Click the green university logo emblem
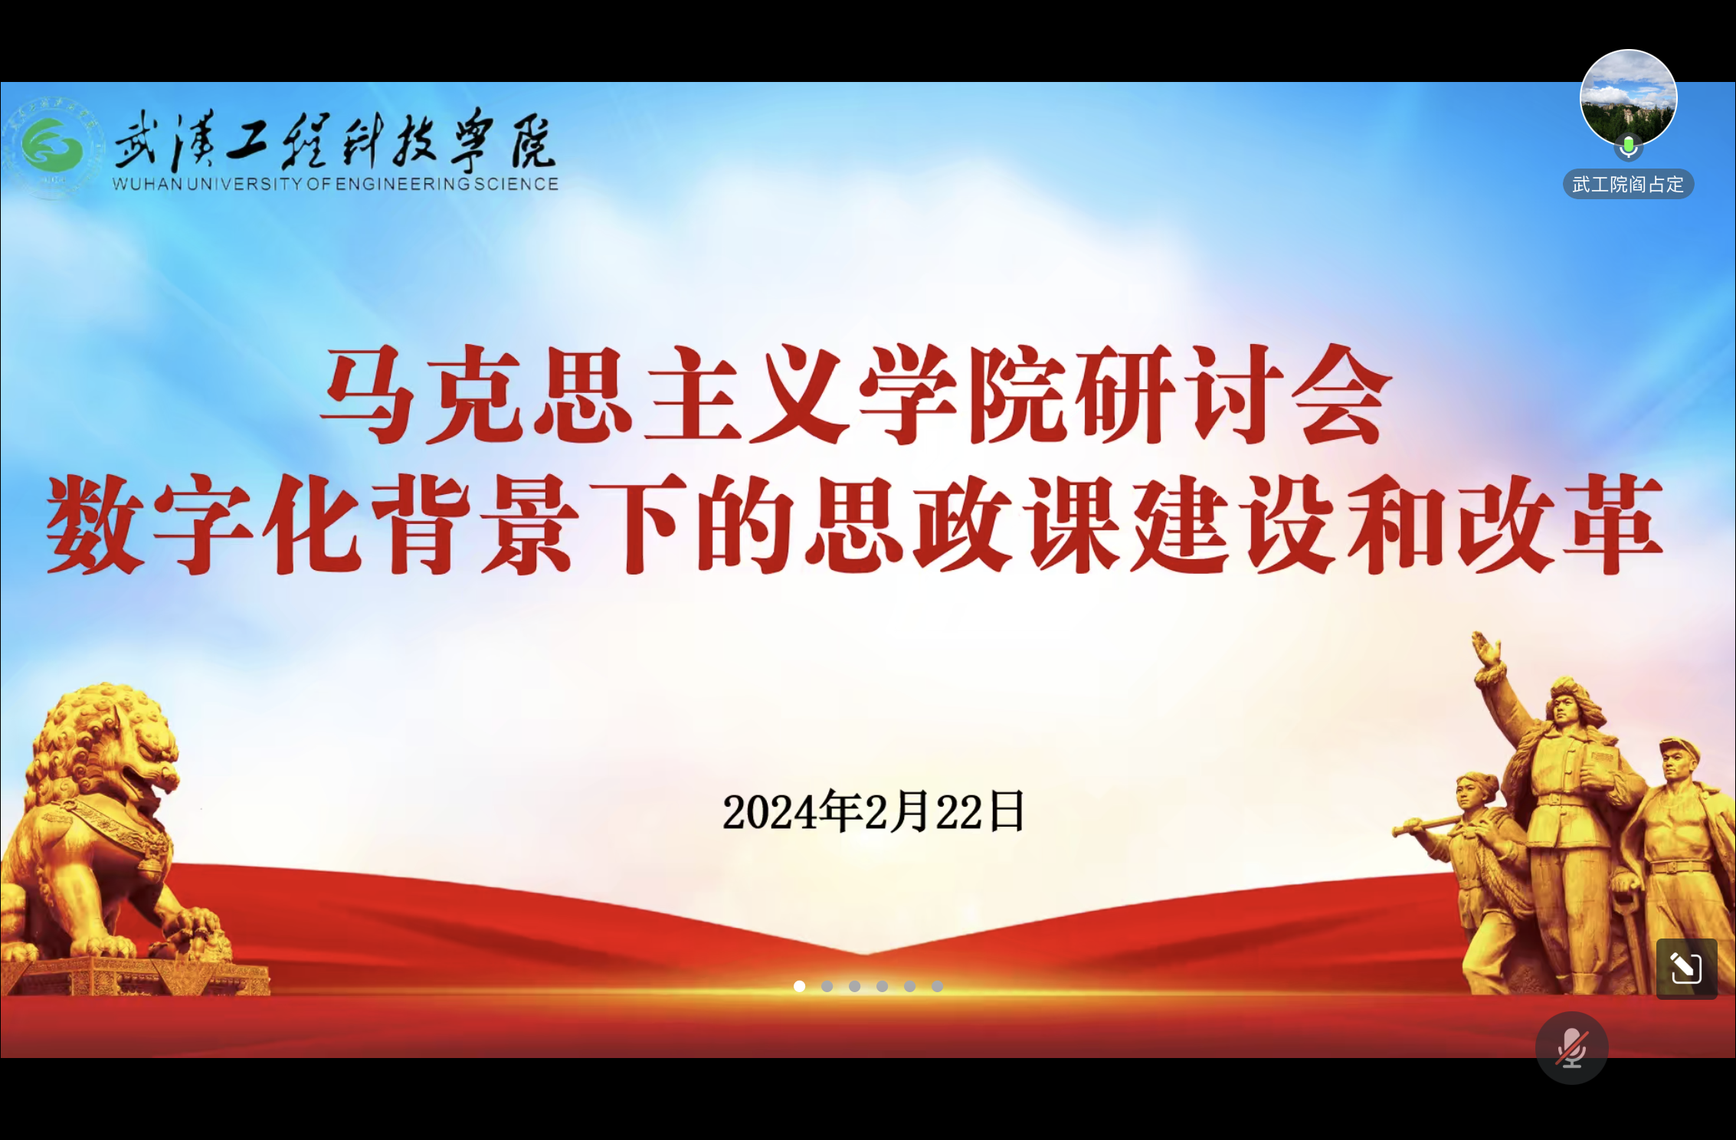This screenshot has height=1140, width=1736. pyautogui.click(x=52, y=146)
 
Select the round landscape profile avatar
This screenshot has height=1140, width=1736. pyautogui.click(x=1628, y=97)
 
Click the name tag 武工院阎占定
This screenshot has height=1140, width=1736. pyautogui.click(x=1628, y=185)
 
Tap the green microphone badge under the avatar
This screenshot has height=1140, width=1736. pyautogui.click(x=1628, y=147)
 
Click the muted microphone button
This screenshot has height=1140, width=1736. pyautogui.click(x=1571, y=1047)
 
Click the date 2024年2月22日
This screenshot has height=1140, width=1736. pyautogui.click(x=873, y=812)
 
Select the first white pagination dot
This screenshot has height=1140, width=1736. pyautogui.click(x=799, y=986)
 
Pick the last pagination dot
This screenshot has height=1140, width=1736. pyautogui.click(x=937, y=986)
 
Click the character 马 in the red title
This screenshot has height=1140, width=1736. pyautogui.click(x=368, y=395)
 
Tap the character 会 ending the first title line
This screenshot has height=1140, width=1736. pyautogui.click(x=1341, y=395)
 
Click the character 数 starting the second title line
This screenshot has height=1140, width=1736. pyautogui.click(x=96, y=524)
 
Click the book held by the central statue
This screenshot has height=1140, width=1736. pyautogui.click(x=1603, y=766)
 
